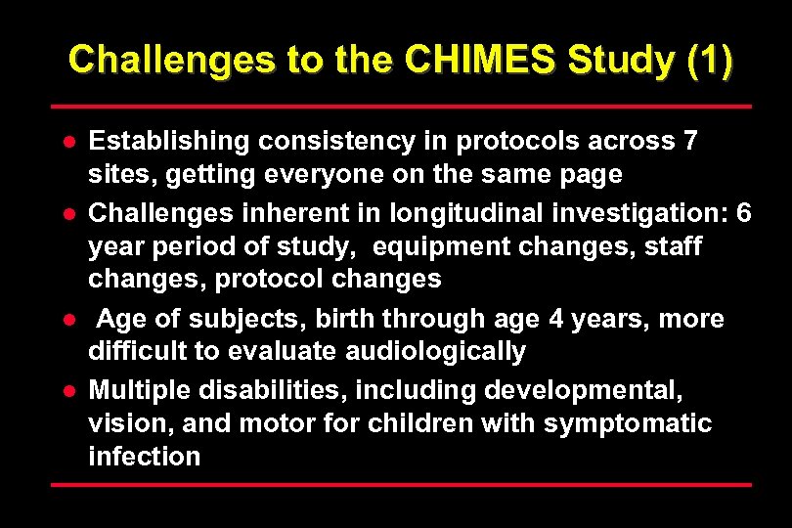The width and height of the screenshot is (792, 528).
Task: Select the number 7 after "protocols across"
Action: click(x=690, y=142)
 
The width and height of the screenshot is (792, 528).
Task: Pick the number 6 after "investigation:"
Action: click(x=744, y=212)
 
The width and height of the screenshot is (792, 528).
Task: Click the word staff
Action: click(x=671, y=246)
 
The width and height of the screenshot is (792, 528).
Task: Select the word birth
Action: click(x=347, y=319)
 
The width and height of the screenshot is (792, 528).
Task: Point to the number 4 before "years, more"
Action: click(x=561, y=319)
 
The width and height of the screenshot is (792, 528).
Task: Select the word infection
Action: click(x=144, y=457)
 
